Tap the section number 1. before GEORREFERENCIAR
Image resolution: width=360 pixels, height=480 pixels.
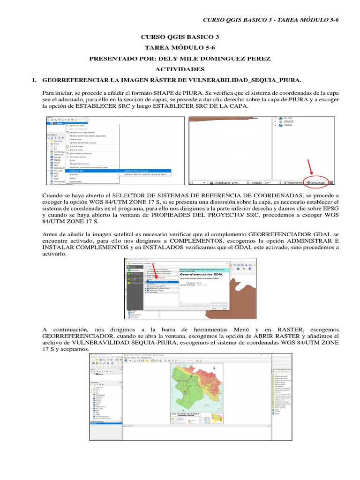34,80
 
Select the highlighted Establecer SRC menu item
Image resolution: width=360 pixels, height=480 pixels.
77,171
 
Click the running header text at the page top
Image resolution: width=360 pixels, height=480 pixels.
270,19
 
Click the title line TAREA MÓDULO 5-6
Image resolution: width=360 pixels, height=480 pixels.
180,48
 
